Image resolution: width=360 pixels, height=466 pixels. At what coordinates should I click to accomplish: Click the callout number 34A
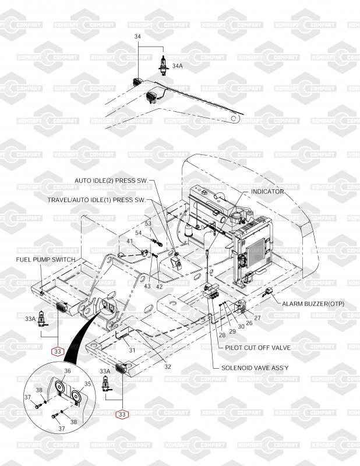(177, 66)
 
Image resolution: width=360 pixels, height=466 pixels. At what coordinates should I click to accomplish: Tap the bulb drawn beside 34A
(163, 65)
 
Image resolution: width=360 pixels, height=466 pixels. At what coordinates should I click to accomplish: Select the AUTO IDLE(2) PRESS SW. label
(111, 181)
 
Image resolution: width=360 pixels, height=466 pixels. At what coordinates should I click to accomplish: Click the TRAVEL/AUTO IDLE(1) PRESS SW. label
(97, 200)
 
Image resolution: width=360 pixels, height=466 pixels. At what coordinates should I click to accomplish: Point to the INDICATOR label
(267, 192)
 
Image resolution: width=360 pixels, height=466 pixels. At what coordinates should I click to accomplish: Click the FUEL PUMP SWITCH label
(45, 259)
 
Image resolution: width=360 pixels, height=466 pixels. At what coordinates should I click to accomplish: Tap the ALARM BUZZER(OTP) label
(313, 303)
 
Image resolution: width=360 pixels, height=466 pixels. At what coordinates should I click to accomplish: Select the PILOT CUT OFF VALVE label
(257, 347)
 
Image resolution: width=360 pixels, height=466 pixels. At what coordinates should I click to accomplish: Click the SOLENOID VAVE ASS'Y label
(255, 368)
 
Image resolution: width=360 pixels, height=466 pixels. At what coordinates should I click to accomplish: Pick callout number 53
(148, 224)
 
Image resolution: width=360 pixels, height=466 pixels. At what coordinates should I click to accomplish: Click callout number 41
(130, 241)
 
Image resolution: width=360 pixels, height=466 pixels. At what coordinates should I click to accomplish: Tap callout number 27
(257, 318)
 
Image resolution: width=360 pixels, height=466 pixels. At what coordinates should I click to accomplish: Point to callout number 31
(132, 351)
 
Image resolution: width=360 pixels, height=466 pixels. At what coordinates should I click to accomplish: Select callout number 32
(168, 367)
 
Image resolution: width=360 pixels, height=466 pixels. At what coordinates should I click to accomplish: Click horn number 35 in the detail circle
(77, 397)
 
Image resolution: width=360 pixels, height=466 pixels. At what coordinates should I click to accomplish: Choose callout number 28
(222, 335)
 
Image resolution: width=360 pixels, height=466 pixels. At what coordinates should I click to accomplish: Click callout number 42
(160, 287)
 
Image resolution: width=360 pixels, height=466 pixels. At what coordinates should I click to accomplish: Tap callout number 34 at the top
(137, 37)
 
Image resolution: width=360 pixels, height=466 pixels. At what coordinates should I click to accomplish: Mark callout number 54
(139, 232)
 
